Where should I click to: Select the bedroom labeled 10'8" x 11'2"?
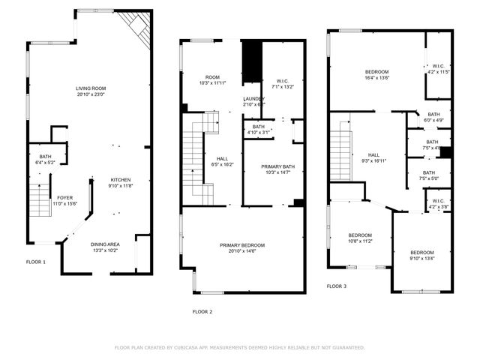coord(361,238)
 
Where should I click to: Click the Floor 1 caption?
coord(36,262)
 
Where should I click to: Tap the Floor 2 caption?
coord(202,311)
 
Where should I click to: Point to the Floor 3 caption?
coord(337,286)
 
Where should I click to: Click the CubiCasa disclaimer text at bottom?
coord(239,348)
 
